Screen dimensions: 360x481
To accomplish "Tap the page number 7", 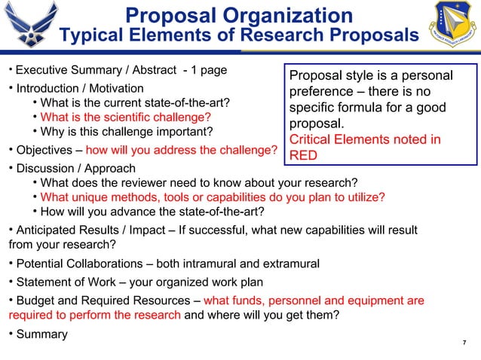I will pyautogui.click(x=465, y=343).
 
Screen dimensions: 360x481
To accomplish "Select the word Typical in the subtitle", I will pyautogui.click(x=90, y=35).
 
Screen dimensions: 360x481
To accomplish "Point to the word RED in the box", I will pyautogui.click(x=304, y=155).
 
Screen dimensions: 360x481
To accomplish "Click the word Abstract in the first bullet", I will pyautogui.click(x=155, y=71).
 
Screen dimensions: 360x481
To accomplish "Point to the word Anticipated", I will pyautogui.click(x=49, y=230).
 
